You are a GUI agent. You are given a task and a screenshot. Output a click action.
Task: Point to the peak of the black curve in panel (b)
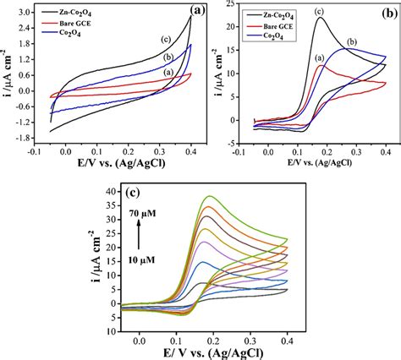318,19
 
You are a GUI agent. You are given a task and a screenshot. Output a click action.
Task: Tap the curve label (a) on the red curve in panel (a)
168,73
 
